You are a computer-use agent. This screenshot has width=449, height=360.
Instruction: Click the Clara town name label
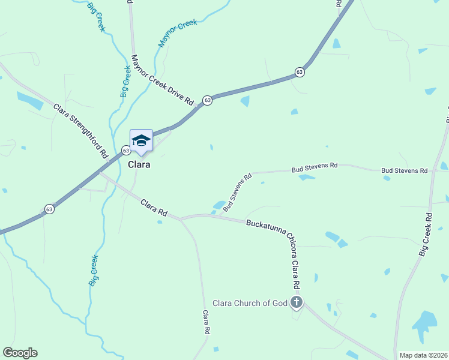click(139, 164)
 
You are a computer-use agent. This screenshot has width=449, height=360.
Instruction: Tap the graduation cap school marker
click(141, 140)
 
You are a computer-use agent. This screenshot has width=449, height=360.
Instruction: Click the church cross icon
click(296, 302)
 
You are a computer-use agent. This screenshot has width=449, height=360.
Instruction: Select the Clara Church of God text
click(250, 303)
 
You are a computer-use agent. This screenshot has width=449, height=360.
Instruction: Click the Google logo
click(20, 353)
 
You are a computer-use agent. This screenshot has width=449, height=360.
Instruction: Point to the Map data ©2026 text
click(423, 355)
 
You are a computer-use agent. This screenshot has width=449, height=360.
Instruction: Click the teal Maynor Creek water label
click(178, 34)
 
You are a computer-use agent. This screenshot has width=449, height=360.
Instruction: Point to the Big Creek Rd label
click(426, 235)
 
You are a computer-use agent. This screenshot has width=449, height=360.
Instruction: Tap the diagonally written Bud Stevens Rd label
click(237, 193)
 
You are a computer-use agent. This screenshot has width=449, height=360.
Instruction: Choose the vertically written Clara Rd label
click(206, 322)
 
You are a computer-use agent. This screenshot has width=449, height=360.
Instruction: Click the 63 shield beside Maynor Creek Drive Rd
click(207, 100)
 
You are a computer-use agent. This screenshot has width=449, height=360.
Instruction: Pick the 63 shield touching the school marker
click(126, 150)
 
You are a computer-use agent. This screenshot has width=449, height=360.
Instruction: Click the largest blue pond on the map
click(426, 322)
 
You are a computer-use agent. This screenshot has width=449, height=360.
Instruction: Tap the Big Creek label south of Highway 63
click(94, 271)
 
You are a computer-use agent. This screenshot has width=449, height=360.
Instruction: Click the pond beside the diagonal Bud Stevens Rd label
click(218, 205)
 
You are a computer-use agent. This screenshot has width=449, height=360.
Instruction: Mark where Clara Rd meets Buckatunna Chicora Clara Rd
click(181, 218)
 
